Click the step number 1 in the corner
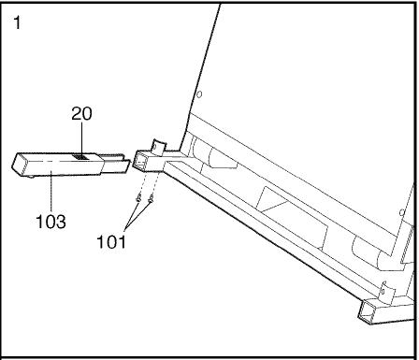[18, 22]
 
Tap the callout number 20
[81, 113]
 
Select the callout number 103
[51, 222]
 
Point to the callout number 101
[111, 241]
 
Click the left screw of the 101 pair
[138, 197]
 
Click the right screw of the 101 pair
[151, 198]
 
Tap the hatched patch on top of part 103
[80, 157]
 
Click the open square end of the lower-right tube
[367, 311]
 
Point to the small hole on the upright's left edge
[199, 94]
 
